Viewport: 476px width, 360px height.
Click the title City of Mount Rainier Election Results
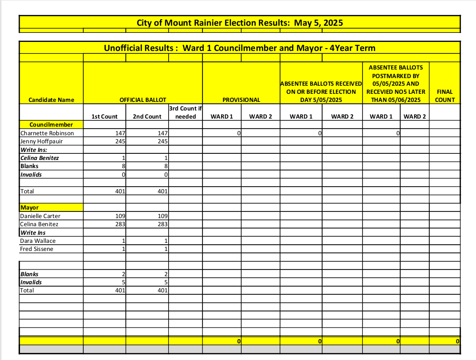tap(240, 22)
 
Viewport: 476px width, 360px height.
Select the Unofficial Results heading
tap(240, 48)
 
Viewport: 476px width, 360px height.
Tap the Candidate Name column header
tap(51, 100)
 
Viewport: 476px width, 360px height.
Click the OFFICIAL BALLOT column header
tap(143, 100)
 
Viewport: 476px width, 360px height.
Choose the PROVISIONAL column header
tap(241, 100)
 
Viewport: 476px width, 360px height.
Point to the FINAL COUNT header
tap(445, 96)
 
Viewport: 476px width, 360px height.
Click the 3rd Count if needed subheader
tap(185, 112)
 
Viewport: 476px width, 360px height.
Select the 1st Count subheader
tap(104, 117)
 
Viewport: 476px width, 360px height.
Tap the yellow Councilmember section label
tap(44, 125)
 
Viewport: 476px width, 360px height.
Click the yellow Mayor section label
tap(30, 208)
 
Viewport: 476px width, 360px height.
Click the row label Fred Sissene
tap(37, 249)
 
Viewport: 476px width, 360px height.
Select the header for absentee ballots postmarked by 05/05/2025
tap(395, 83)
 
